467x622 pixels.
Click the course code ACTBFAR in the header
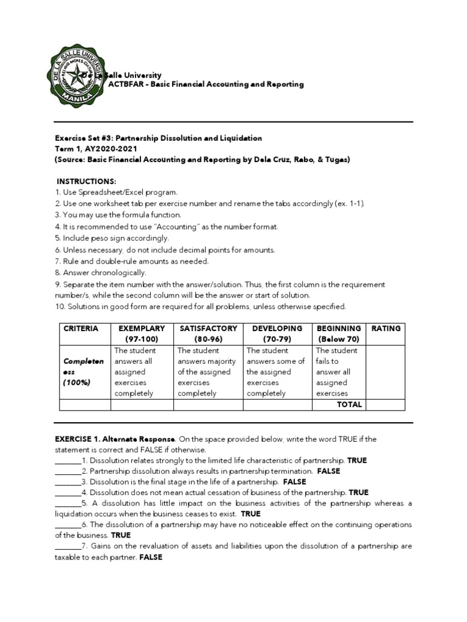click(x=125, y=84)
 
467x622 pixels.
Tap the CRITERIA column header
click(x=80, y=329)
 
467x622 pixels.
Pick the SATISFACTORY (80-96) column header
click(x=209, y=333)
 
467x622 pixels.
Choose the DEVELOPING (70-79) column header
click(x=277, y=333)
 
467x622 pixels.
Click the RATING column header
click(x=386, y=329)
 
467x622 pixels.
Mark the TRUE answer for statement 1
click(x=357, y=460)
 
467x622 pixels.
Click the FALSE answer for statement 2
click(x=328, y=471)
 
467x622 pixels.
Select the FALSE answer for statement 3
click(x=294, y=482)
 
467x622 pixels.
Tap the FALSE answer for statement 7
click(x=151, y=557)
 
